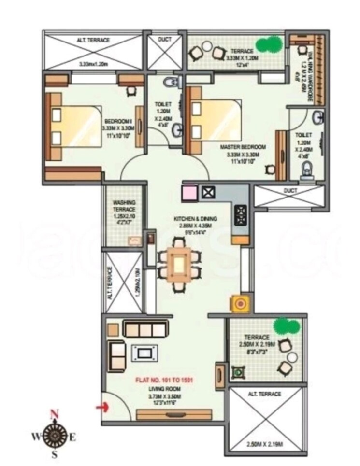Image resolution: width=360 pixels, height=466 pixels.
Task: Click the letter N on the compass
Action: [55, 413]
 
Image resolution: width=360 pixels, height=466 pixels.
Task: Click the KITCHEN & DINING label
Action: [196, 219]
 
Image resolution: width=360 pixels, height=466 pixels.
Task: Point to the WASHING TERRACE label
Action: [124, 206]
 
